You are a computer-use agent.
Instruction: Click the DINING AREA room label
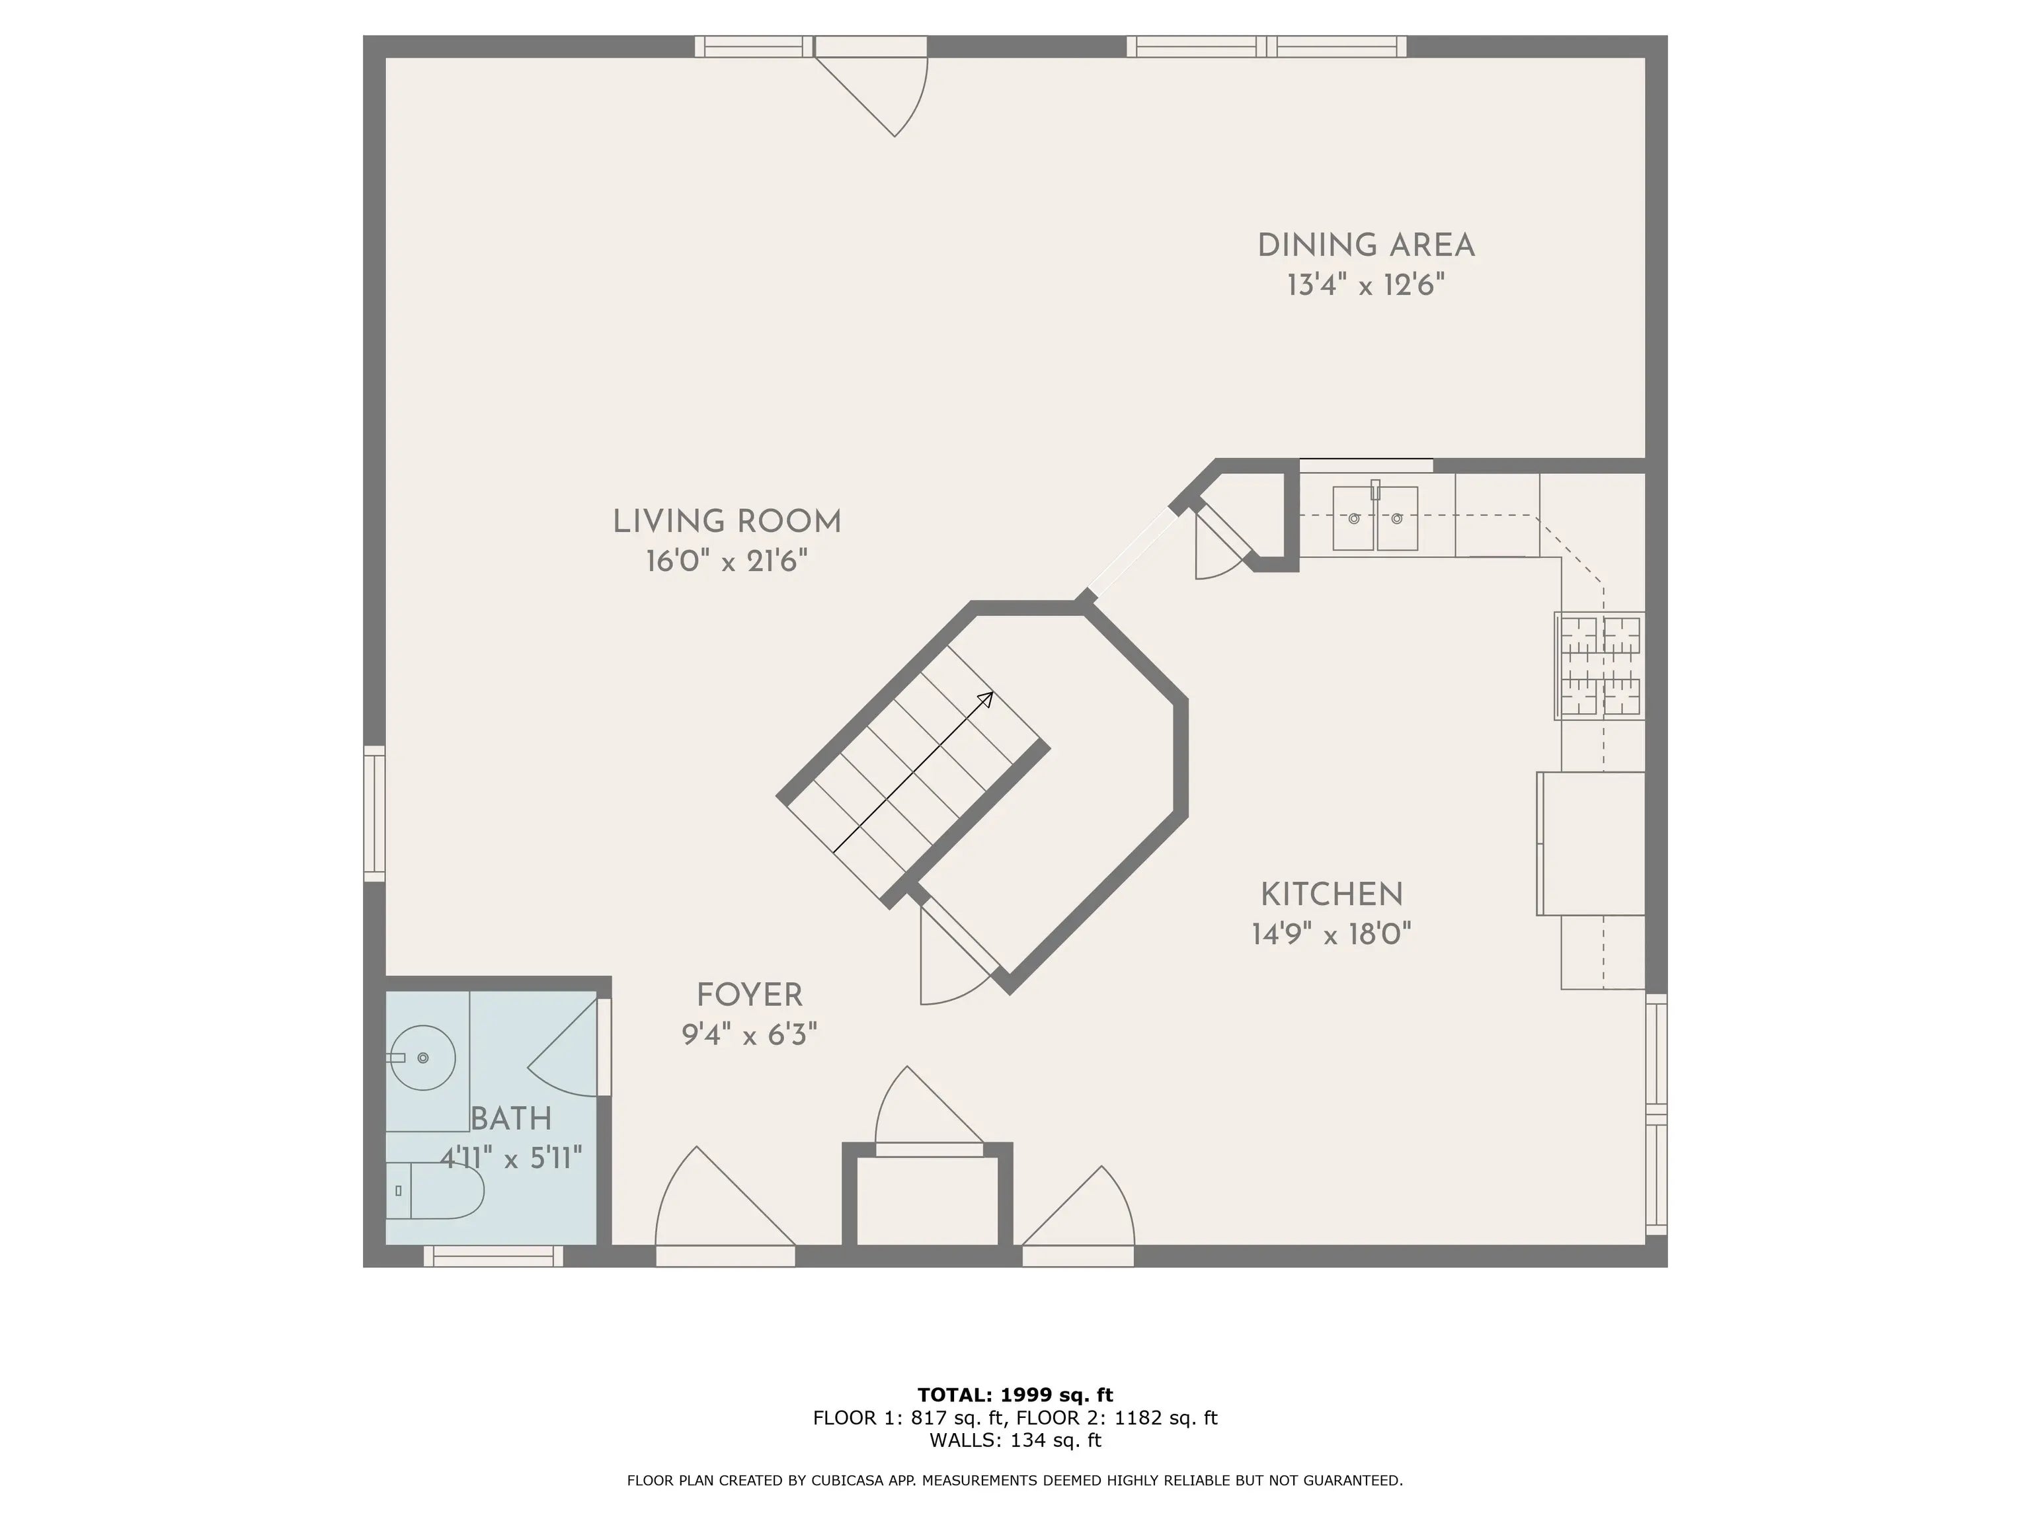[x=1365, y=246]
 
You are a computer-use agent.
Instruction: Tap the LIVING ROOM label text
[x=727, y=522]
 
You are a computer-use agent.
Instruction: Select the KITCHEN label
[x=1332, y=895]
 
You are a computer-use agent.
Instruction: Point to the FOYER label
[x=749, y=995]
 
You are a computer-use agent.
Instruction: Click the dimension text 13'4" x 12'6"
[x=1365, y=286]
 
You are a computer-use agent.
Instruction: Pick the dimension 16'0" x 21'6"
[x=727, y=562]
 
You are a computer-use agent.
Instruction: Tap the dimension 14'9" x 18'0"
[x=1332, y=935]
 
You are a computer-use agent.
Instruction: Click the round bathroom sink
[x=422, y=1058]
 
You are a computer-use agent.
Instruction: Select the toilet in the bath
[x=436, y=1191]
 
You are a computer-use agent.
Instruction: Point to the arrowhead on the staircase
[x=986, y=699]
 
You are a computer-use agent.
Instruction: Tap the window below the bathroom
[x=493, y=1256]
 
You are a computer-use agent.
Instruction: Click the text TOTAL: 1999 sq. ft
[x=1015, y=1395]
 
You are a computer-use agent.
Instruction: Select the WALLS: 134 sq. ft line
[x=1015, y=1440]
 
